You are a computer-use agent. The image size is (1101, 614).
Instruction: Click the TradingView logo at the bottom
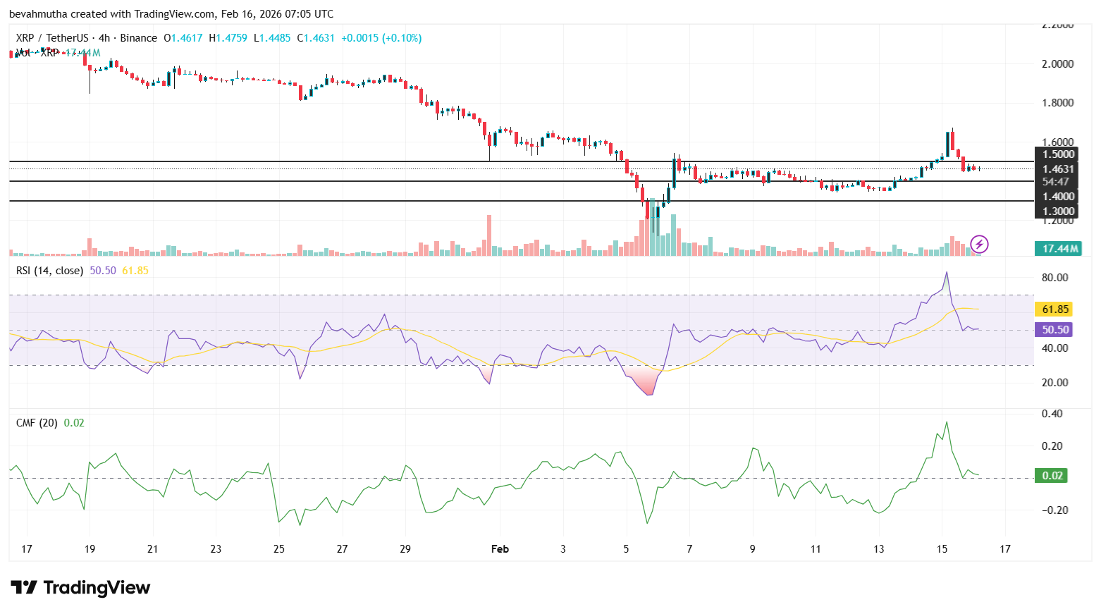(80, 588)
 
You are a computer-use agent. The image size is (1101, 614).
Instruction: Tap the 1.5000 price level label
(1057, 154)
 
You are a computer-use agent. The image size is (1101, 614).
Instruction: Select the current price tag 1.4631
(1057, 169)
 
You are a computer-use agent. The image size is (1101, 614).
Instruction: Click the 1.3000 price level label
(1057, 211)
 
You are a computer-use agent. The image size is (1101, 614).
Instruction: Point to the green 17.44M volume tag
(1059, 248)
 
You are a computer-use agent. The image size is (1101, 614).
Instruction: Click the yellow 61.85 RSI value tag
(1055, 309)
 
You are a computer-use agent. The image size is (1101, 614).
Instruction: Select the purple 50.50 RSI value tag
(1055, 330)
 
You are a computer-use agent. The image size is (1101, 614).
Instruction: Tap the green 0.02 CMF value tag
(1052, 476)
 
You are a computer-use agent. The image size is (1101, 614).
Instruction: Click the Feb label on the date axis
(500, 549)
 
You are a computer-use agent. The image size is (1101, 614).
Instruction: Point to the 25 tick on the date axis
(279, 549)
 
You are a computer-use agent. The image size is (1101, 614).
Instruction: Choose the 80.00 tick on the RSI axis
(1054, 278)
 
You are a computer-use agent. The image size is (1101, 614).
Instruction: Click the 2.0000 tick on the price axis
(1057, 64)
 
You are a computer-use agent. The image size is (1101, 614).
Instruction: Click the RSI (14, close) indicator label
(49, 271)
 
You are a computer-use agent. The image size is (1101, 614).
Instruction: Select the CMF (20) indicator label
(37, 423)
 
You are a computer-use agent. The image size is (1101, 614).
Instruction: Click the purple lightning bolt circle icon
(979, 245)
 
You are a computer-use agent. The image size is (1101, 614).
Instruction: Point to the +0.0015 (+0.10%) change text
(381, 38)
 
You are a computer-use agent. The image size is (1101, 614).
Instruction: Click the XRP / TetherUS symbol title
(52, 38)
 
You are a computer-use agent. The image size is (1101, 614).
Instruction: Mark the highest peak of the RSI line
(947, 272)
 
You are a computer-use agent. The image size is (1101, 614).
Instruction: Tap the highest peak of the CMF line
(947, 422)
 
